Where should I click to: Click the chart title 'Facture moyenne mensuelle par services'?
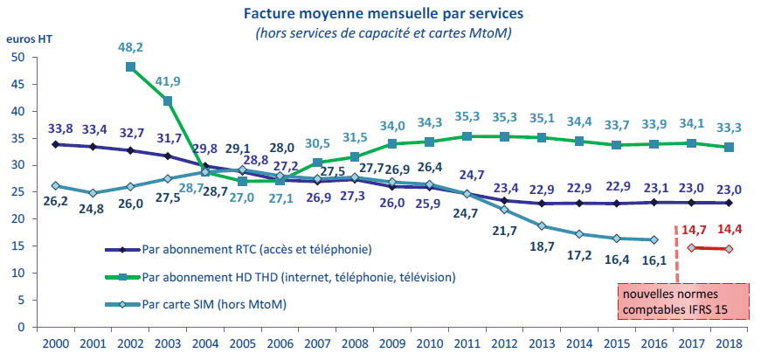click(384, 14)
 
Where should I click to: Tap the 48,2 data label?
click(131, 48)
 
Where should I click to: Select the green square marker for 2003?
click(168, 101)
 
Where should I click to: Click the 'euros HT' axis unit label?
click(24, 40)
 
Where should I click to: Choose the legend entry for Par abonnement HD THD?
click(288, 277)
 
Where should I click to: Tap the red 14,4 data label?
click(730, 231)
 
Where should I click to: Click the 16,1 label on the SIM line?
click(654, 260)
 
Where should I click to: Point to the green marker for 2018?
click(729, 148)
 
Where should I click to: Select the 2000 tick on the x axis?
click(56, 343)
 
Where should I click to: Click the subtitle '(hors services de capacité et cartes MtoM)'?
click(384, 33)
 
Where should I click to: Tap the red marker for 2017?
click(692, 247)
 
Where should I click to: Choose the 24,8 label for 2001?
click(93, 209)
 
